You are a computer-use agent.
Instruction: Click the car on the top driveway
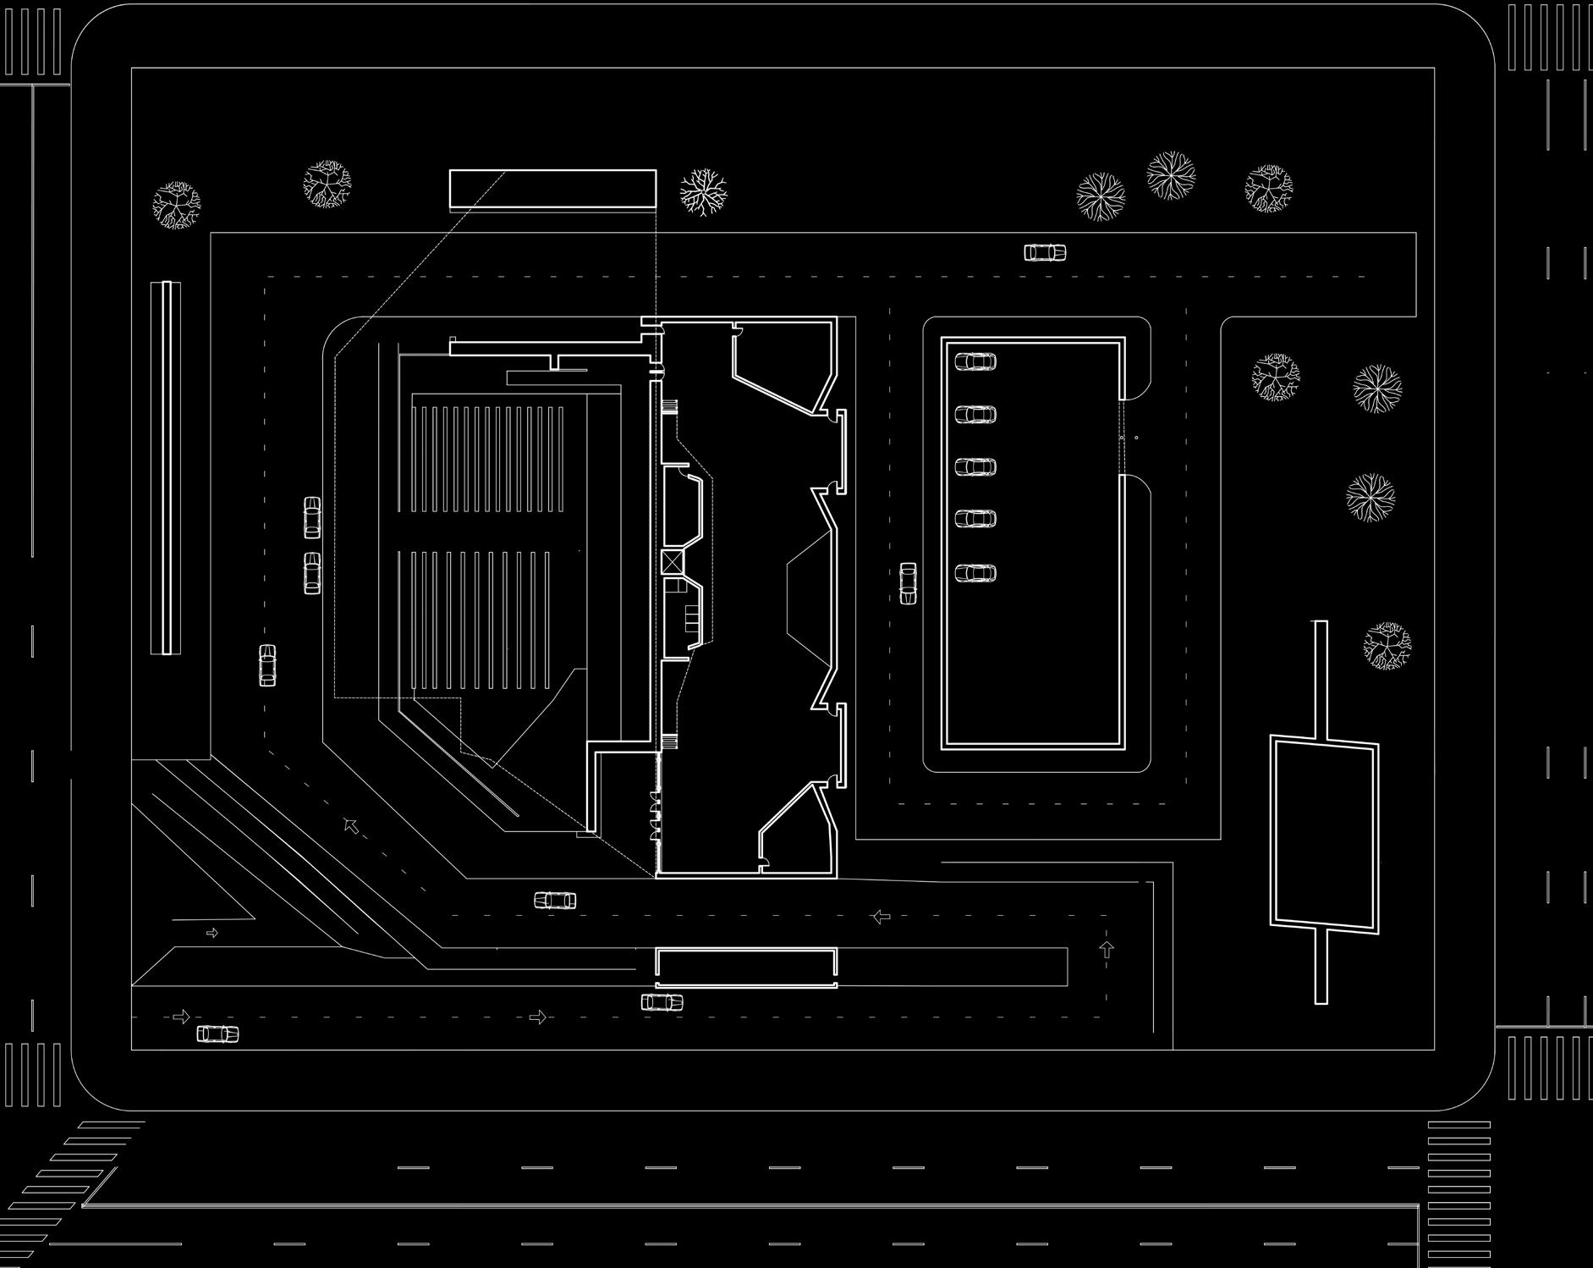tap(1045, 252)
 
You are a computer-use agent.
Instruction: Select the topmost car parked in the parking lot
tap(975, 362)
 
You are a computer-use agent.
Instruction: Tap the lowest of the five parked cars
tap(975, 573)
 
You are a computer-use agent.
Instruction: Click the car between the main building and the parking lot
tap(908, 583)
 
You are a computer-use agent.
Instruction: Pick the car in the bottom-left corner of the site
tap(217, 1034)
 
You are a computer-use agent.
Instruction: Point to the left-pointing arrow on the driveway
tap(881, 916)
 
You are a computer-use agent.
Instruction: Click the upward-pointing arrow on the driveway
tap(1107, 949)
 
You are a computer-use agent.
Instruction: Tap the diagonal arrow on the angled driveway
tap(351, 825)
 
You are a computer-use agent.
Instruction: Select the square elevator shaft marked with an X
tap(673, 560)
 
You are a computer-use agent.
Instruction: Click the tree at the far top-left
tap(177, 205)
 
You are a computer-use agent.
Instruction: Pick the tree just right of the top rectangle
tap(703, 191)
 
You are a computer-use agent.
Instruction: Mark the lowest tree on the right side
tap(1387, 646)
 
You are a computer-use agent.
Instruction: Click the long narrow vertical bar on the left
tap(166, 467)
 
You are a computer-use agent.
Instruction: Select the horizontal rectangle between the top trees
tap(552, 189)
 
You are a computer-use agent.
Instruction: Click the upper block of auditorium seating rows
tap(487, 460)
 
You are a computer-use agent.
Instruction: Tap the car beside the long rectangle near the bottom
tap(662, 1002)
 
